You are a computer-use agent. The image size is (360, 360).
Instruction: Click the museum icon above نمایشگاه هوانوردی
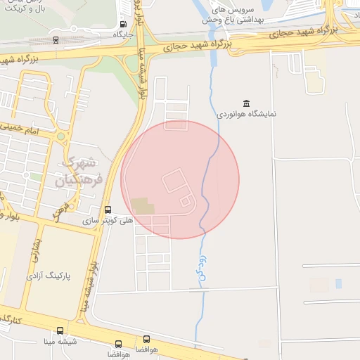(246, 103)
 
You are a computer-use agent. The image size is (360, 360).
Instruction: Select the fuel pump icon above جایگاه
(124, 24)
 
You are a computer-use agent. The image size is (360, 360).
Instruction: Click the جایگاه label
(123, 34)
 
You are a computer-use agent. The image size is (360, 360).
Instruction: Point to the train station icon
(56, 39)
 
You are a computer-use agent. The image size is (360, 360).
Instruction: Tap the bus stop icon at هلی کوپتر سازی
(108, 210)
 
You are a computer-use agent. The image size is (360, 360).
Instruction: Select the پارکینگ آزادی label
(49, 276)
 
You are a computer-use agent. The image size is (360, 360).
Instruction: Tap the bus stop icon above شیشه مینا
(59, 330)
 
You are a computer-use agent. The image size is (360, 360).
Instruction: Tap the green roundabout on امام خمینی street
(60, 136)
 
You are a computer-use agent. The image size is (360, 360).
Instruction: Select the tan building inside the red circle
(142, 206)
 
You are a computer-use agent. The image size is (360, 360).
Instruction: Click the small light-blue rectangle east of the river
(338, 283)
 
